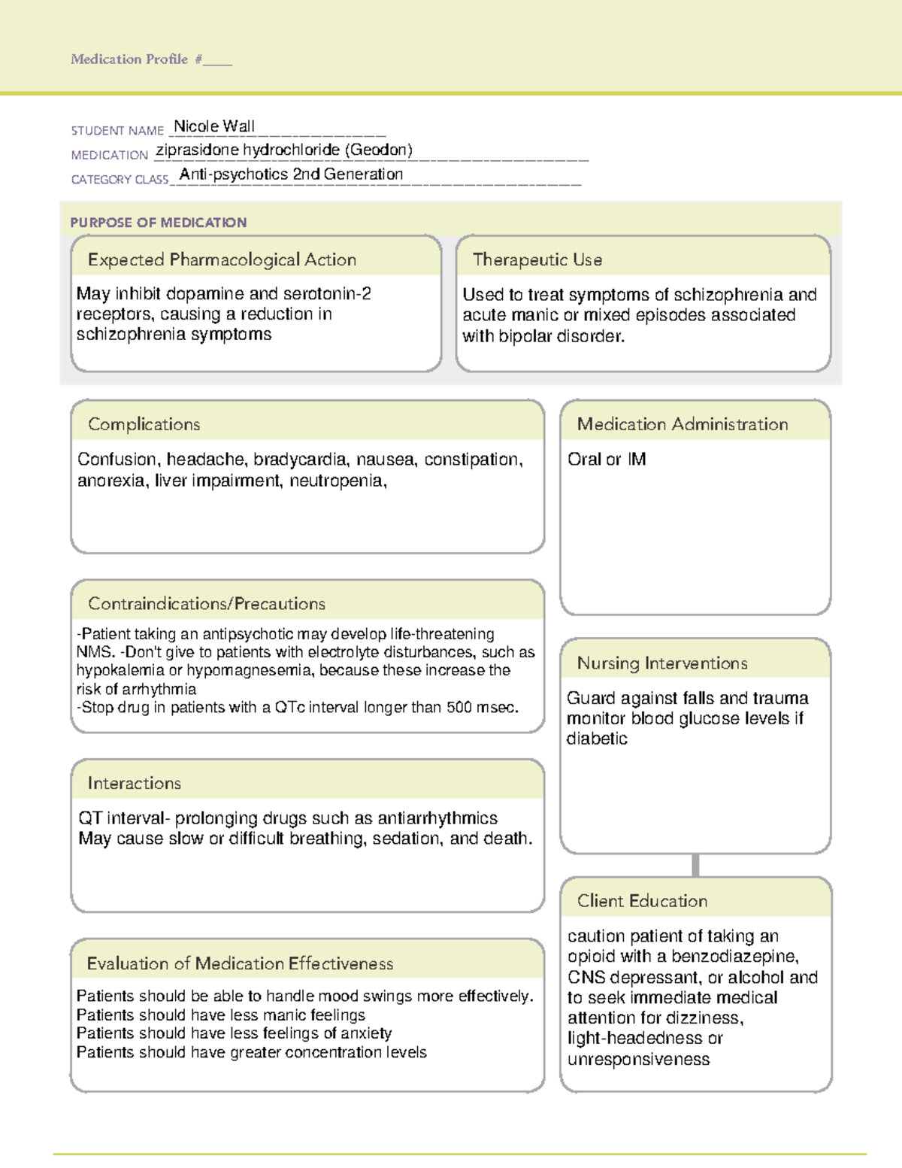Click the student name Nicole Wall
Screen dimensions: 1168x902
point(214,126)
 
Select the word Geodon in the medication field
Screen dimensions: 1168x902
point(379,150)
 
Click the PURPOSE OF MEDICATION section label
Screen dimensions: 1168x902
point(158,223)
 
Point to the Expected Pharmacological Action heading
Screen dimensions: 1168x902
point(222,259)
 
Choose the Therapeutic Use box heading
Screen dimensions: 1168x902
point(537,259)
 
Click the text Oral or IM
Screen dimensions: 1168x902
point(607,460)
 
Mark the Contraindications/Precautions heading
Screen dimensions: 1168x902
point(207,604)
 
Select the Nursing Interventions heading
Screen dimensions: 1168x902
point(662,663)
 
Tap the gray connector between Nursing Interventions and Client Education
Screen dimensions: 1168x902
point(695,865)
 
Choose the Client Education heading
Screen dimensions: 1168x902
point(642,901)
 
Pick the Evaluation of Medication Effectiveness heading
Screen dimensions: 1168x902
point(240,963)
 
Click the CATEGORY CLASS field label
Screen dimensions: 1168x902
point(120,180)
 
